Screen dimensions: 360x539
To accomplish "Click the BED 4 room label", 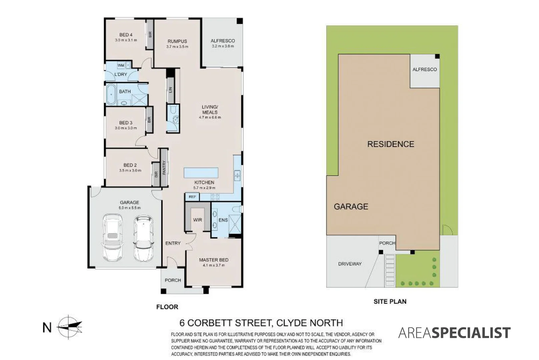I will (x=126, y=35).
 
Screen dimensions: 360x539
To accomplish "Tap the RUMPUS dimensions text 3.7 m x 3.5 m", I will (x=177, y=47).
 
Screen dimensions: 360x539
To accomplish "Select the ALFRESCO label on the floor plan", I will (x=222, y=41).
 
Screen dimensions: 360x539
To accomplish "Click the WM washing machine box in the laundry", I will (x=121, y=65).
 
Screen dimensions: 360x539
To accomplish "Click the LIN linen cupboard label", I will (x=170, y=90).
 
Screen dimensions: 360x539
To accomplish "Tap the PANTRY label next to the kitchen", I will (x=164, y=167).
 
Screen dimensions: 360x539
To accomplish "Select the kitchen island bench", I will (x=201, y=173).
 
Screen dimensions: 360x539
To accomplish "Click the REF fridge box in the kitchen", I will (x=192, y=197).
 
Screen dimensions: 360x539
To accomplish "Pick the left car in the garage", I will (x=112, y=237).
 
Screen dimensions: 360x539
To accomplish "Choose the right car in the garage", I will (x=144, y=239).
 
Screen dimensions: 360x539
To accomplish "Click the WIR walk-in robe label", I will (x=197, y=220).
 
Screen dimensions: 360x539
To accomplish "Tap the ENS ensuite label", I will (x=223, y=220).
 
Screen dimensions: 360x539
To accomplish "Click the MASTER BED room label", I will (x=213, y=260).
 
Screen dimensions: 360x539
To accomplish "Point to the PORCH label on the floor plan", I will (x=173, y=280).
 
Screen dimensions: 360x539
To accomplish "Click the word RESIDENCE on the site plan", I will (x=391, y=144).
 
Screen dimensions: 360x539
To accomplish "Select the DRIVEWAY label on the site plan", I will (x=350, y=264).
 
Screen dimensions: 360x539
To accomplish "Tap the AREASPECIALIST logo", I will (x=454, y=333).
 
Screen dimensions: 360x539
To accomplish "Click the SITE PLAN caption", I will (x=390, y=301).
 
